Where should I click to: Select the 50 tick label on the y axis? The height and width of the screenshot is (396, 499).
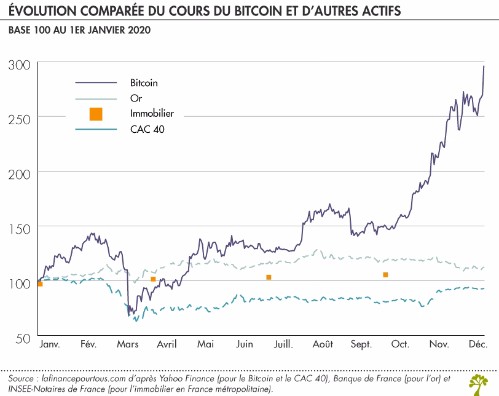coord(22,338)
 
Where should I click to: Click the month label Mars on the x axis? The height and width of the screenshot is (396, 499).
coord(128,344)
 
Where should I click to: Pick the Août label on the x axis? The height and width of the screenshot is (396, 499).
coord(322,344)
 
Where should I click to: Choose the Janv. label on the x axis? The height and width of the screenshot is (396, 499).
coord(49,344)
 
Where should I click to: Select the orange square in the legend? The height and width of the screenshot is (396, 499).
coord(95,114)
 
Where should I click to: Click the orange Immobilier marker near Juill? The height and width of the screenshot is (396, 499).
coord(269,277)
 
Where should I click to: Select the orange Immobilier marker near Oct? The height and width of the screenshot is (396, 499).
coord(385,274)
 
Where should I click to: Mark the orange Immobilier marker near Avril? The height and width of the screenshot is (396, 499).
coord(153,279)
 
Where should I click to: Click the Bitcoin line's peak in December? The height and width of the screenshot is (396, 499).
coord(484,66)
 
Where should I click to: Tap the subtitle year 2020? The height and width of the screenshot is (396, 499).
coord(136,30)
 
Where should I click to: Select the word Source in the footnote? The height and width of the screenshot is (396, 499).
coord(22,377)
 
